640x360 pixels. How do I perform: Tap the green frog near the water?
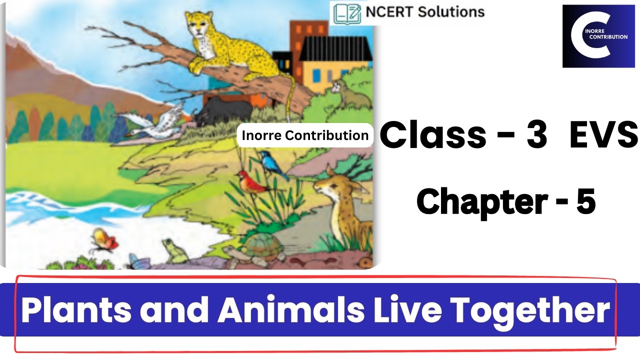tap(174, 250)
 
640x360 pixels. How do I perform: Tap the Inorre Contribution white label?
tap(305, 135)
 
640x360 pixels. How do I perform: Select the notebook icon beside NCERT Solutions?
tap(347, 13)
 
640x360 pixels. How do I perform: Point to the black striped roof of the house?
tap(335, 47)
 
